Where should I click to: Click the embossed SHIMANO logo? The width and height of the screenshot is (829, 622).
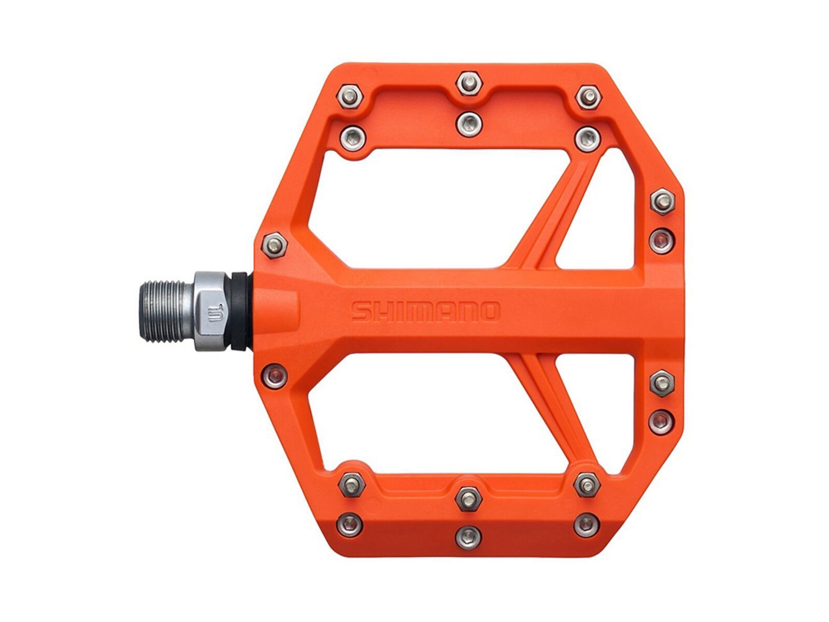425,312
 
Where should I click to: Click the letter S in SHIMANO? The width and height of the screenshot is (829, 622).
361,312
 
